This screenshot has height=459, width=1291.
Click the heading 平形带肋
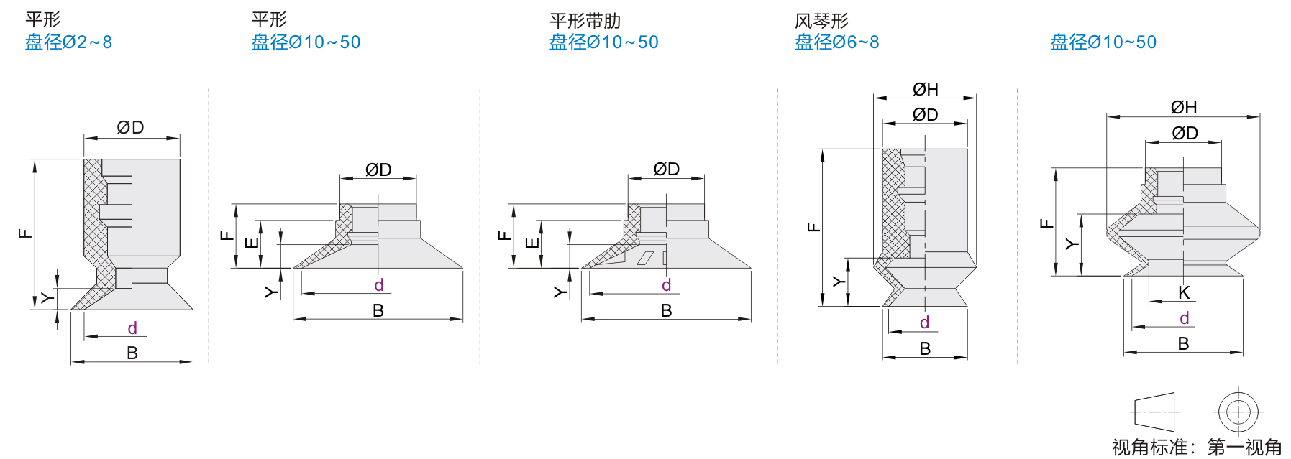tap(585, 21)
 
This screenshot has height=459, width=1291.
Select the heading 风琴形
tap(821, 21)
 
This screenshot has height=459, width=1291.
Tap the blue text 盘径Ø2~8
tap(68, 42)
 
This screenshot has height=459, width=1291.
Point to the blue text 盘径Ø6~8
tap(836, 42)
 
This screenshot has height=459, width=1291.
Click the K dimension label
tap(1184, 292)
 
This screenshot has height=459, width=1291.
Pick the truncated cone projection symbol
tap(1154, 412)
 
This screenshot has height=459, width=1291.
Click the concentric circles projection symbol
tap(1238, 412)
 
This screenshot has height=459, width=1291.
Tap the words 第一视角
tap(1244, 447)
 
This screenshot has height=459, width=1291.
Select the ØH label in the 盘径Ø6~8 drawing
tap(925, 89)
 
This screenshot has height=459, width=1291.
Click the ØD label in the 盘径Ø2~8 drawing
tap(130, 127)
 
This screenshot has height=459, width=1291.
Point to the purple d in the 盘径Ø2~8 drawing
tap(132, 328)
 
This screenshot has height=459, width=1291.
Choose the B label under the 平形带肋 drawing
tap(666, 310)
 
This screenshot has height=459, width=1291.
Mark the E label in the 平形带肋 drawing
tap(533, 243)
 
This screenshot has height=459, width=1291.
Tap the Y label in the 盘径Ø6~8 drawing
tap(839, 282)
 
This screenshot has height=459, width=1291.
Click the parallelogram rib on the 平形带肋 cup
tap(645, 258)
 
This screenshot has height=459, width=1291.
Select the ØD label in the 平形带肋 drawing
tap(666, 169)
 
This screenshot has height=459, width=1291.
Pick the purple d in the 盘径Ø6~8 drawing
tap(924, 323)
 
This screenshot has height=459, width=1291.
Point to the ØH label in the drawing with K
tap(1183, 107)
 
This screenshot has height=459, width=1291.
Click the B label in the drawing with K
tap(1183, 343)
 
